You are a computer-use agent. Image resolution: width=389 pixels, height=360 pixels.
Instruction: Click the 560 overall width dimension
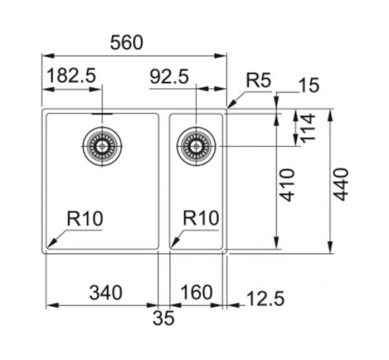126,43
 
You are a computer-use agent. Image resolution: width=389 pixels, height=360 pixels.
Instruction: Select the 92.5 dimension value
169,77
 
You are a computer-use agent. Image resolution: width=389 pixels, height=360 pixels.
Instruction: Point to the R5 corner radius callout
259,80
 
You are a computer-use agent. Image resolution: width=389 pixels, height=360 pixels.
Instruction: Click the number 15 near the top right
309,85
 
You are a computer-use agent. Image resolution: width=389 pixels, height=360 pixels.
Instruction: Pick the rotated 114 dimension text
308,129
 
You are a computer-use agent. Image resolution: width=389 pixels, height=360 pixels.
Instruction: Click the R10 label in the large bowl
85,219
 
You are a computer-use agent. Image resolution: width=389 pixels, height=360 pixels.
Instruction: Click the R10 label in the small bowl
201,218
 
